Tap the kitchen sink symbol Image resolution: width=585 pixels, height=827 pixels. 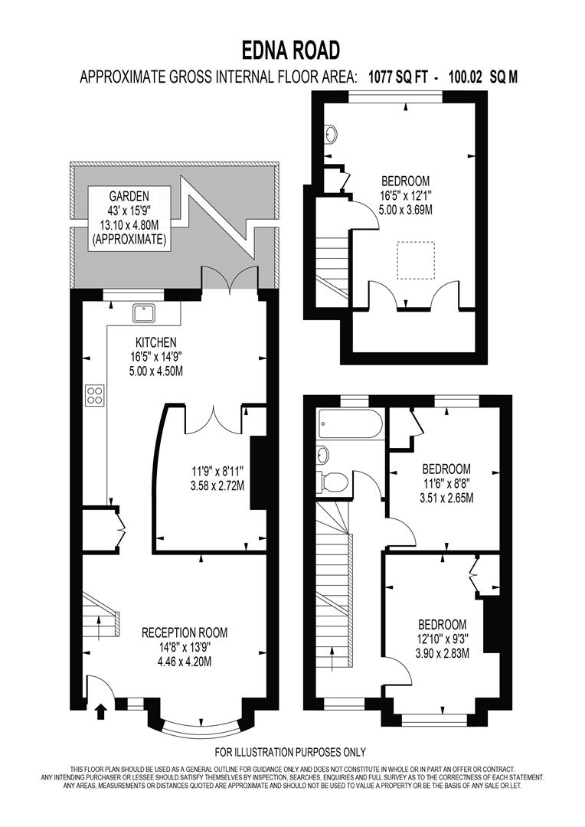[143, 312]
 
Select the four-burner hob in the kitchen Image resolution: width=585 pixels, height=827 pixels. [95, 395]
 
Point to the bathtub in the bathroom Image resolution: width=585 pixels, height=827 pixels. [349, 423]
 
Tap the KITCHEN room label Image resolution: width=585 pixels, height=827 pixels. [156, 342]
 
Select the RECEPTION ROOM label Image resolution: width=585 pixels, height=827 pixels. [185, 633]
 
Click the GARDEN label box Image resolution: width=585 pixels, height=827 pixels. [129, 217]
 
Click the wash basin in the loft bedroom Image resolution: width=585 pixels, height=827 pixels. [331, 135]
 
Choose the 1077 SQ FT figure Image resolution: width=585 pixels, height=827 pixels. [398, 77]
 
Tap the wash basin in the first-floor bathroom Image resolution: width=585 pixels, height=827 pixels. [323, 455]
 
